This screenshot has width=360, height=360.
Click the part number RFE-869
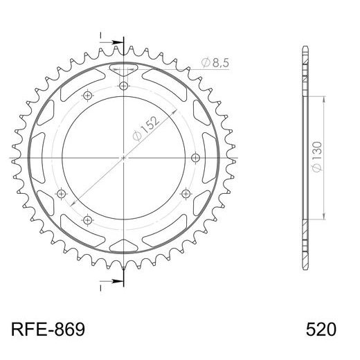48,328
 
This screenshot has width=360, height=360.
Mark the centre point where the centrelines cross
124,158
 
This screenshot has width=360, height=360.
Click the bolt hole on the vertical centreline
124,86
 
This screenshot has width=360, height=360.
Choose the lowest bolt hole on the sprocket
87,219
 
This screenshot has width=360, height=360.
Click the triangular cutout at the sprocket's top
124,69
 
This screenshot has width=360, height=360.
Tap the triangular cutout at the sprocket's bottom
124,246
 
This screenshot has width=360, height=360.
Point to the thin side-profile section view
305,158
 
